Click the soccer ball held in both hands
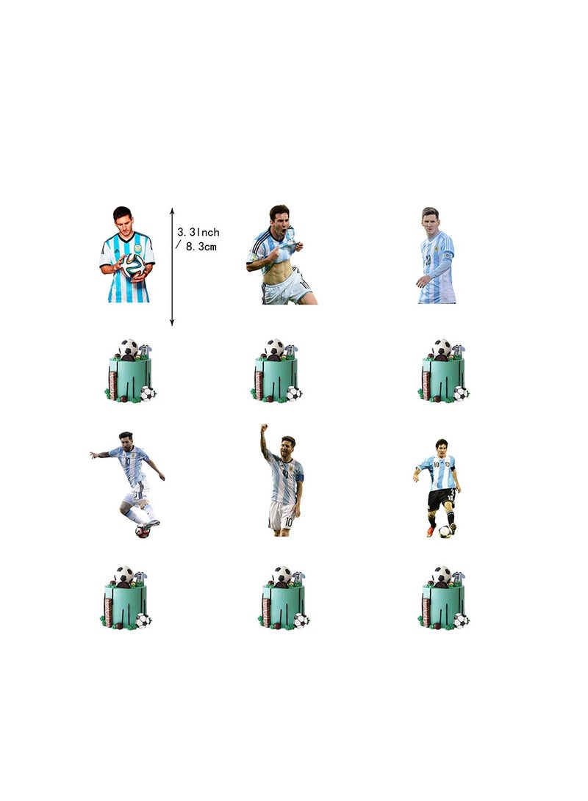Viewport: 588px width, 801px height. click(x=133, y=265)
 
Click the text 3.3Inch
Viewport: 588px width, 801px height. click(x=198, y=232)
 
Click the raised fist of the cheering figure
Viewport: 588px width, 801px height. click(x=264, y=427)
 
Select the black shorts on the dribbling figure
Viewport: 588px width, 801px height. click(x=441, y=499)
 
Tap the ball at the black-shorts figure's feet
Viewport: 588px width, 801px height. click(x=445, y=531)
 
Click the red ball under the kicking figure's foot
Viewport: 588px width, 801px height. click(x=143, y=531)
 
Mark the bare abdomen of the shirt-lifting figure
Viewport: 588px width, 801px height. click(x=279, y=275)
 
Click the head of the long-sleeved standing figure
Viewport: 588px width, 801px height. click(x=430, y=218)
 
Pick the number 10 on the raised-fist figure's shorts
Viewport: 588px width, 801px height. click(x=288, y=521)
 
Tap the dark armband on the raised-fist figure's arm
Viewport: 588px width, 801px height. click(x=300, y=477)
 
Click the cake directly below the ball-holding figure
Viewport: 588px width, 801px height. click(x=130, y=374)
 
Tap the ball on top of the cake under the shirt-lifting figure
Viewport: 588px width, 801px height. click(x=273, y=347)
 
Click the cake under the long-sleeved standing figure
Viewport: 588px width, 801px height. click(x=443, y=374)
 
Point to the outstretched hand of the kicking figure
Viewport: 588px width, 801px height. click(x=93, y=456)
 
